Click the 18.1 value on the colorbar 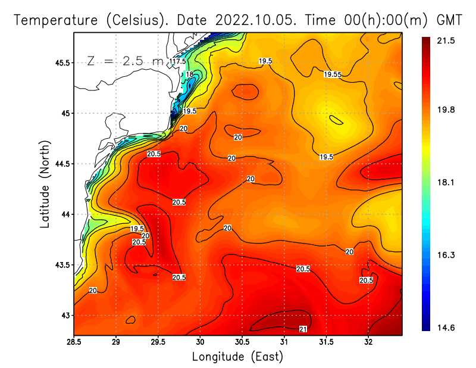pyautogui.click(x=446, y=182)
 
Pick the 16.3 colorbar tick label pyautogui.click(x=446, y=255)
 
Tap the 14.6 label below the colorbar pyautogui.click(x=446, y=328)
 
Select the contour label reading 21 pyautogui.click(x=303, y=329)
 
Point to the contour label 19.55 pyautogui.click(x=333, y=74)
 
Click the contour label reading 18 pyautogui.click(x=189, y=74)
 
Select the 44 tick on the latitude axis pyautogui.click(x=65, y=214)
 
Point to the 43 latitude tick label pyautogui.click(x=65, y=315)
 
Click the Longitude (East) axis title pyautogui.click(x=237, y=357)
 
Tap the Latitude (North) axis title pyautogui.click(x=45, y=184)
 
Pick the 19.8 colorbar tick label pyautogui.click(x=446, y=110)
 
